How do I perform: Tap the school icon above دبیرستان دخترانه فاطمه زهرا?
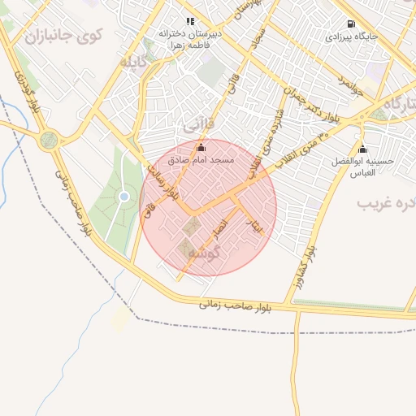click(x=190, y=21)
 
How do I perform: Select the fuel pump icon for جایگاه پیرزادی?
click(x=351, y=24)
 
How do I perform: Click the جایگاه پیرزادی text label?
click(x=350, y=37)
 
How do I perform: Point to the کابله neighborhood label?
click(x=135, y=62)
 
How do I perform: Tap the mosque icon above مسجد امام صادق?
click(x=201, y=147)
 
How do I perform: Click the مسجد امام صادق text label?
click(x=201, y=161)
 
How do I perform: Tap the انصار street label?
click(x=221, y=230)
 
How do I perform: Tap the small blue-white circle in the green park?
click(x=123, y=196)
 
